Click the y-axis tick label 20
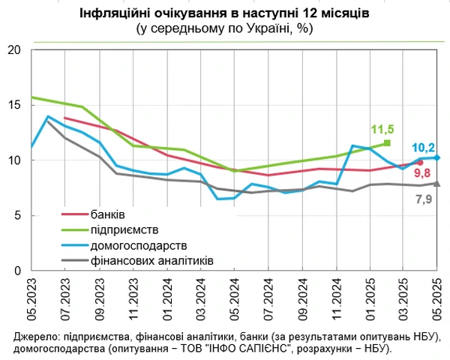[13, 51]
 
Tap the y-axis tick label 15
[13, 106]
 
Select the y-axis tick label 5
[16, 215]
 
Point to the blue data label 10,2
[424, 148]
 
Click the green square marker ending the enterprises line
[387, 142]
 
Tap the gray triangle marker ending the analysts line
[437, 183]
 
